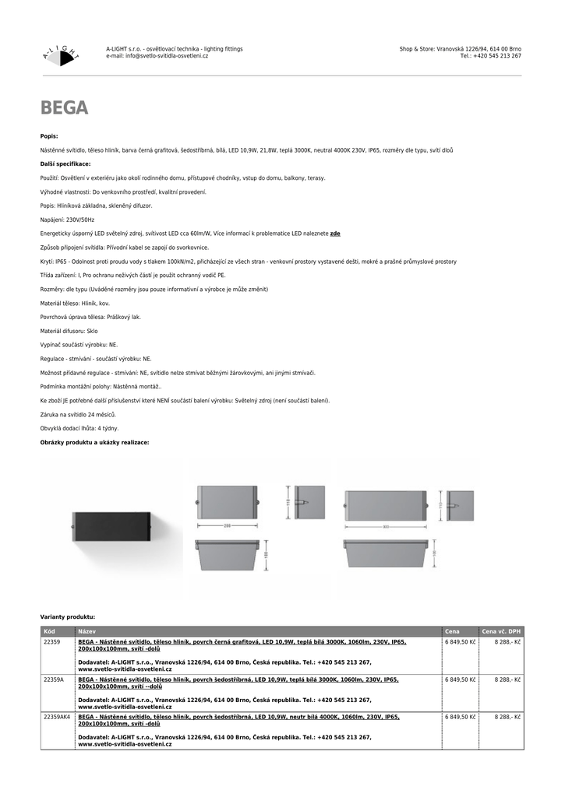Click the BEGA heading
pos(64,108)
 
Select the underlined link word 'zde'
pos(335,233)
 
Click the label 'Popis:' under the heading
pos(49,136)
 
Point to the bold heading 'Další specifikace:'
pos(65,164)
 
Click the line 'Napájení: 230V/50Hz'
pos(67,220)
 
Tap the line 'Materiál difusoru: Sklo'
pos(69,331)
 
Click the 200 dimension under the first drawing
pos(228,526)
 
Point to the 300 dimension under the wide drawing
pos(385,527)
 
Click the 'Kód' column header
pos(49,631)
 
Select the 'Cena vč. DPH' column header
pos(502,631)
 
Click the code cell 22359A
pos(54,679)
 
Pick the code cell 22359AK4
pos(57,717)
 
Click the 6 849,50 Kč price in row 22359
pos(460,642)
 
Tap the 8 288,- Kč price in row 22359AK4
pos(507,717)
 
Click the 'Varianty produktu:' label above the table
pos(68,616)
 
